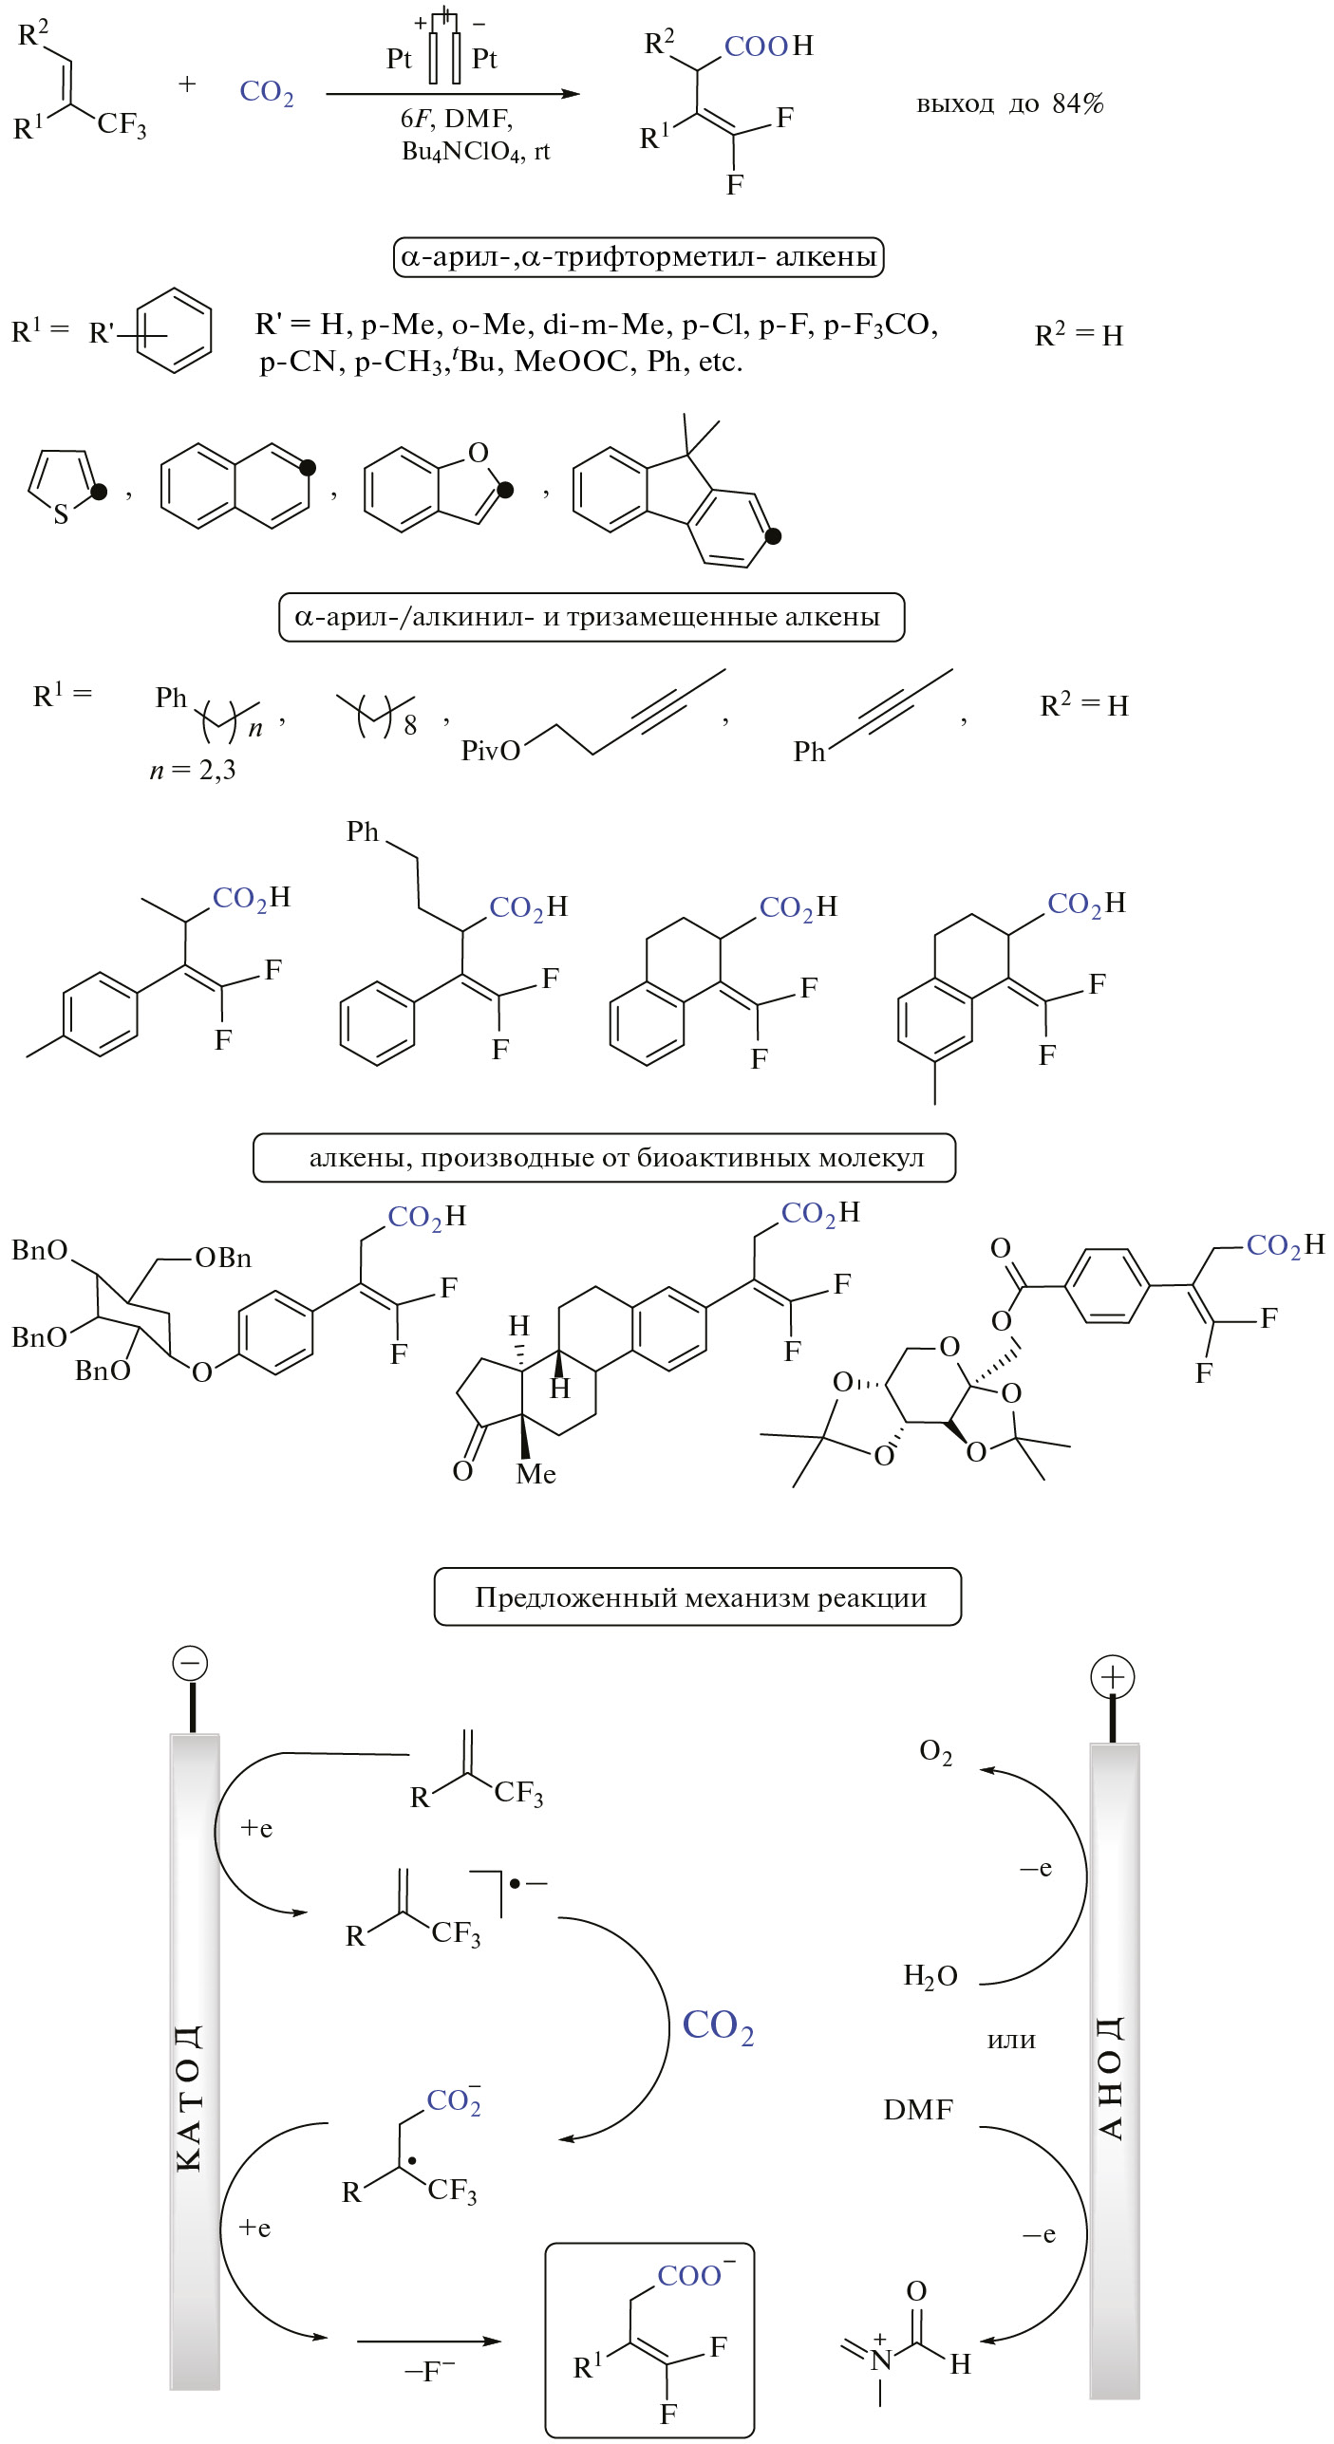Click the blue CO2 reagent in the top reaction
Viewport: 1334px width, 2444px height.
tap(266, 92)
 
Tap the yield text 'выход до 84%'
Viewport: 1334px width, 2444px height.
tap(1009, 103)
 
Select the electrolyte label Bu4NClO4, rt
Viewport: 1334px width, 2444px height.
tap(475, 152)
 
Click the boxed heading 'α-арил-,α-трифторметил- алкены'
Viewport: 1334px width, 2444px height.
tap(638, 257)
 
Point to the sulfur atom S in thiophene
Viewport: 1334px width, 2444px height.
tap(61, 514)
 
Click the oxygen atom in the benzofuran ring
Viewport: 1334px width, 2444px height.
tap(479, 453)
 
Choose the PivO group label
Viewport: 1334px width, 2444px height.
tap(490, 751)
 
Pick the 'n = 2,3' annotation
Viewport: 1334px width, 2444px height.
tap(193, 770)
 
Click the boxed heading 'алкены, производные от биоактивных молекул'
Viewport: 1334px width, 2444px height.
tap(604, 1158)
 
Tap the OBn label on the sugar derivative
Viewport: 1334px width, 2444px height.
tap(223, 1259)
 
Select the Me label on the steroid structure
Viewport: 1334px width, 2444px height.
tap(535, 1474)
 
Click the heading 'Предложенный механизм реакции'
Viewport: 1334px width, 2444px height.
tap(699, 1597)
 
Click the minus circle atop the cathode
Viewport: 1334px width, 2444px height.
tap(190, 1663)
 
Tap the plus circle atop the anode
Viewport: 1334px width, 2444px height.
tap(1112, 1677)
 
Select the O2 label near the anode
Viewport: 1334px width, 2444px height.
tap(935, 1752)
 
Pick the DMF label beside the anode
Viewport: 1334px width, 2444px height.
tap(917, 2110)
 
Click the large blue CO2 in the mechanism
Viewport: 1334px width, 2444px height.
tap(718, 2026)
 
